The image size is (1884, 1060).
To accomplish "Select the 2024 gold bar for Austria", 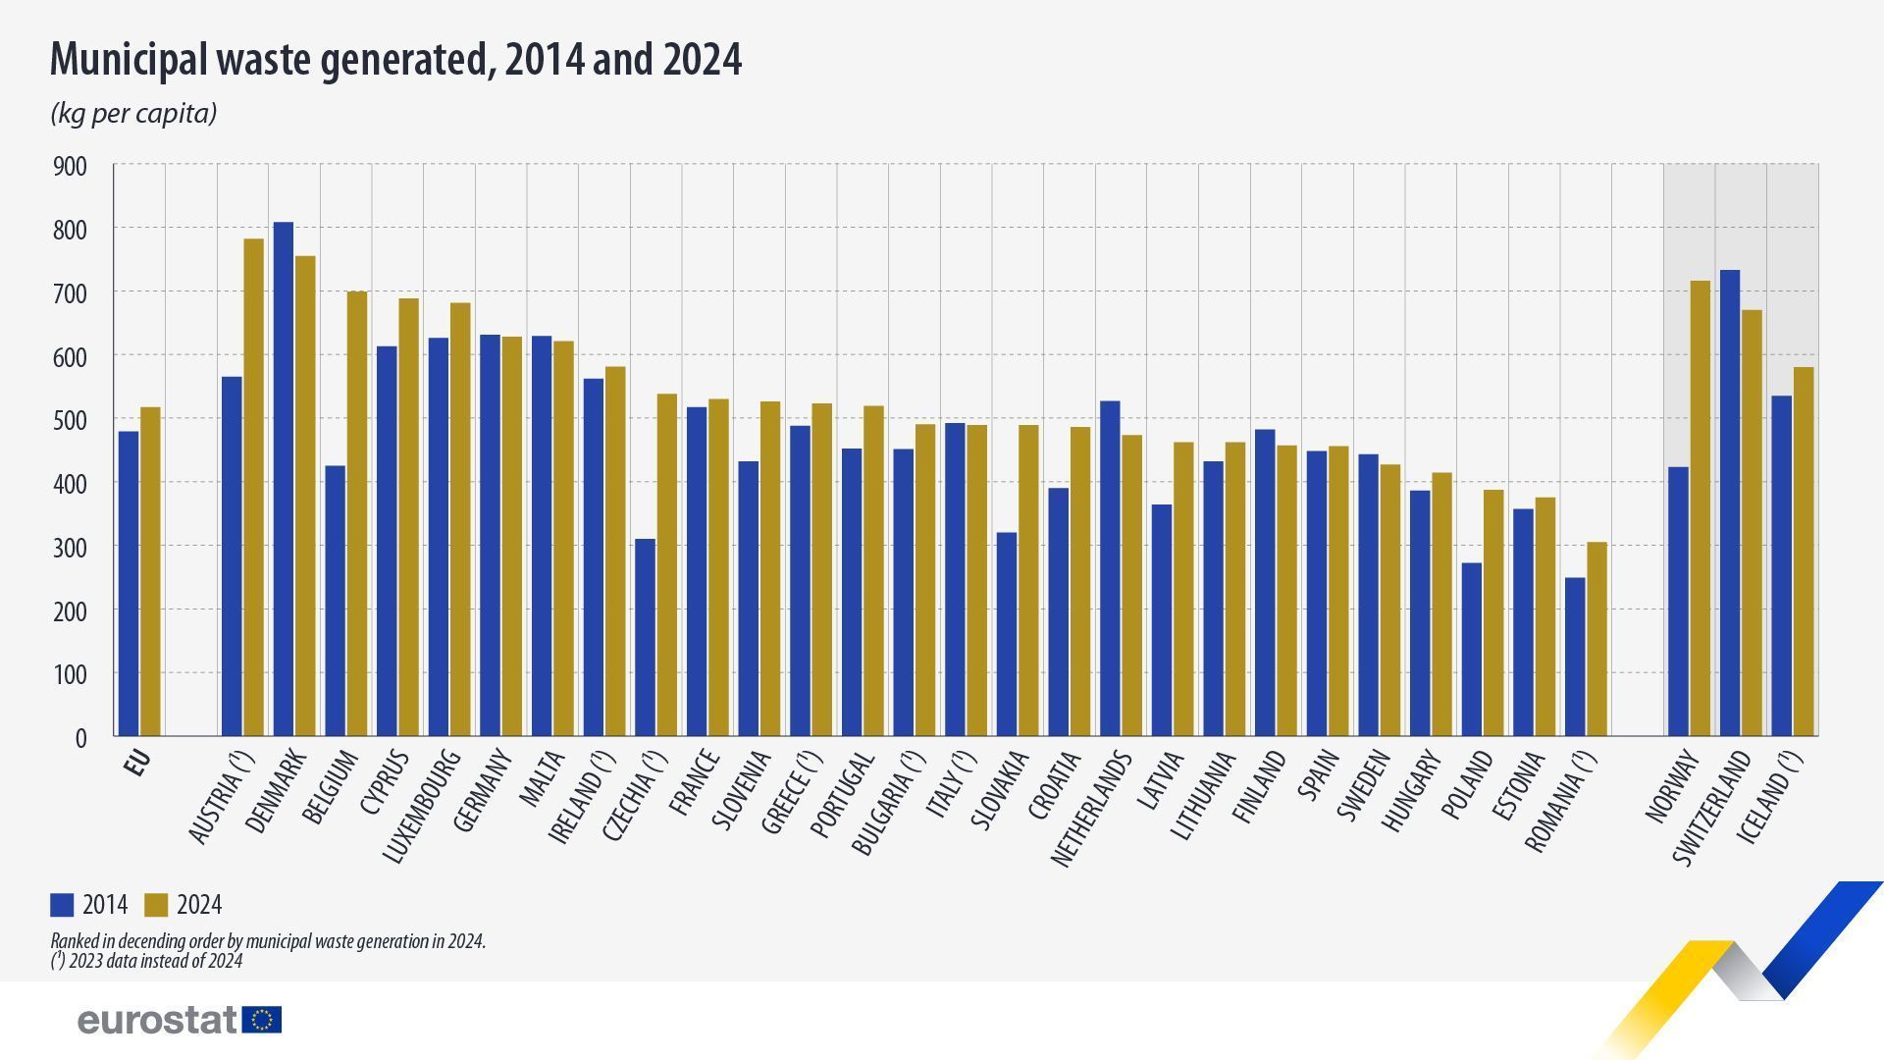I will pyautogui.click(x=253, y=487).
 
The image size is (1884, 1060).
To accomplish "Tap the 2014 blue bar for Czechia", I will pyautogui.click(x=645, y=637).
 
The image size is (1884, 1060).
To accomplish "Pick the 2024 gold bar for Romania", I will pyautogui.click(x=1596, y=639).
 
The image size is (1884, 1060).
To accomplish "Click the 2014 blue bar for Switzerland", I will pyautogui.click(x=1730, y=503).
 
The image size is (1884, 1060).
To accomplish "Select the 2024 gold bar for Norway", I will pyautogui.click(x=1700, y=508).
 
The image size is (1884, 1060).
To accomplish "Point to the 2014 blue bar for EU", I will pyautogui.click(x=129, y=583).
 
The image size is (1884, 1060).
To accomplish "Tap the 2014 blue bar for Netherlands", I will pyautogui.click(x=1110, y=568).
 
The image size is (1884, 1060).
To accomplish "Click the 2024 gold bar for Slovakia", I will pyautogui.click(x=1028, y=580).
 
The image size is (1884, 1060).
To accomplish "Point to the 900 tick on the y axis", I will pyautogui.click(x=69, y=167).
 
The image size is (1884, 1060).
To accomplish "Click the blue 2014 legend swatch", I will pyautogui.click(x=62, y=905).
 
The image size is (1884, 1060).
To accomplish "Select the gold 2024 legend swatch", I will pyautogui.click(x=156, y=905).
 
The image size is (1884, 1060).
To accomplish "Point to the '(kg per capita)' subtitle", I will pyautogui.click(x=133, y=114).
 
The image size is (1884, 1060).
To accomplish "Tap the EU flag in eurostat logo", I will pyautogui.click(x=262, y=1020).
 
